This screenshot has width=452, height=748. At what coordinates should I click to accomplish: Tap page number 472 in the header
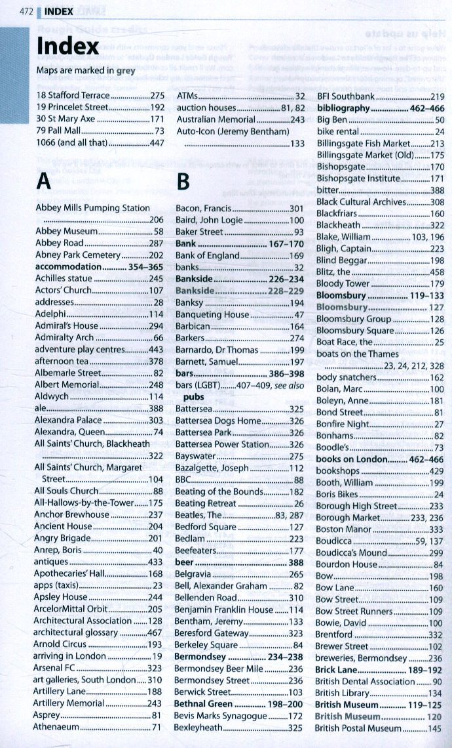coord(27,12)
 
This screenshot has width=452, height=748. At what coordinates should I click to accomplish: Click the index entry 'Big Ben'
coord(332,121)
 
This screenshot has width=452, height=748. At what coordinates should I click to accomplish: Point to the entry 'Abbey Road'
coord(60,243)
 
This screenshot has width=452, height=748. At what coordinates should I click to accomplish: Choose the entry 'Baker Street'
coord(199,232)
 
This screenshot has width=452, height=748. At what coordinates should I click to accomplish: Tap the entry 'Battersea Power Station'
coord(223,444)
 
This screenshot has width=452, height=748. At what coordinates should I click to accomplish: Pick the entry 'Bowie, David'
coord(341,623)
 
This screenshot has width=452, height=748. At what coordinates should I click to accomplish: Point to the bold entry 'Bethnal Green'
coord(204,703)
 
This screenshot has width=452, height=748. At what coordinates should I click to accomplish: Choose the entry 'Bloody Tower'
coord(343,283)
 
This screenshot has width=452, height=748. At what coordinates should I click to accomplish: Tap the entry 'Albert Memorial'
coord(67,385)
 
